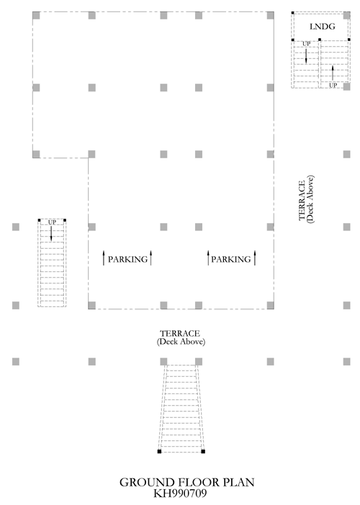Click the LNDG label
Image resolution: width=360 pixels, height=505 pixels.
pyautogui.click(x=323, y=27)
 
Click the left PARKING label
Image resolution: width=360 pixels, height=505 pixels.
pyautogui.click(x=127, y=259)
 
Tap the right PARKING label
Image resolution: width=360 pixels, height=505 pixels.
pyautogui.click(x=231, y=259)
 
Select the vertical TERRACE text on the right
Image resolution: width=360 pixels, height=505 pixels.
pyautogui.click(x=302, y=200)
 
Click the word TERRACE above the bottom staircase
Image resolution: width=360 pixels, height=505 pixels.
pyautogui.click(x=180, y=333)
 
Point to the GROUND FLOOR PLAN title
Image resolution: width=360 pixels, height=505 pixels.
pyautogui.click(x=187, y=482)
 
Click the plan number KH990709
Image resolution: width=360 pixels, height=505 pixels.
pyautogui.click(x=180, y=493)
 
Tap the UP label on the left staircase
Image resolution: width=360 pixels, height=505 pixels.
pyautogui.click(x=52, y=222)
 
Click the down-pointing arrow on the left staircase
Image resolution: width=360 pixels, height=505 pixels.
pyautogui.click(x=51, y=233)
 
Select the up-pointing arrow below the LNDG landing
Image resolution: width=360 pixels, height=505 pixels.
pyautogui.click(x=333, y=73)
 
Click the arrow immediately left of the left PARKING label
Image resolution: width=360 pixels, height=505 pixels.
pyautogui.click(x=104, y=258)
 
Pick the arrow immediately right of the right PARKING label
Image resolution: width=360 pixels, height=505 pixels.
pyautogui.click(x=255, y=258)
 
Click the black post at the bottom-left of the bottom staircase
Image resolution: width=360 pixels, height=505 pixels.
pyautogui.click(x=159, y=452)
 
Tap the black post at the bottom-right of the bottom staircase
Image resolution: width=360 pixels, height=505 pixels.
pyautogui.click(x=203, y=452)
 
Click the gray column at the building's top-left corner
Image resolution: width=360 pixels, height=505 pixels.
pyautogui.click(x=36, y=15)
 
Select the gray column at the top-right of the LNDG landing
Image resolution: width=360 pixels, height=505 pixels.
pyautogui.click(x=347, y=15)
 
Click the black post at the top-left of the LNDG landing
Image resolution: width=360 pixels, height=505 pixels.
pyautogui.click(x=292, y=13)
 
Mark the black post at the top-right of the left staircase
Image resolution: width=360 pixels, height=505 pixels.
pyautogui.click(x=65, y=220)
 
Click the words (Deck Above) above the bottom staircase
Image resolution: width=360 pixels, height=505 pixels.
pyautogui.click(x=181, y=342)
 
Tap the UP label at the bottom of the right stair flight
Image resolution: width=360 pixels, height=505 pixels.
pyautogui.click(x=333, y=86)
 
